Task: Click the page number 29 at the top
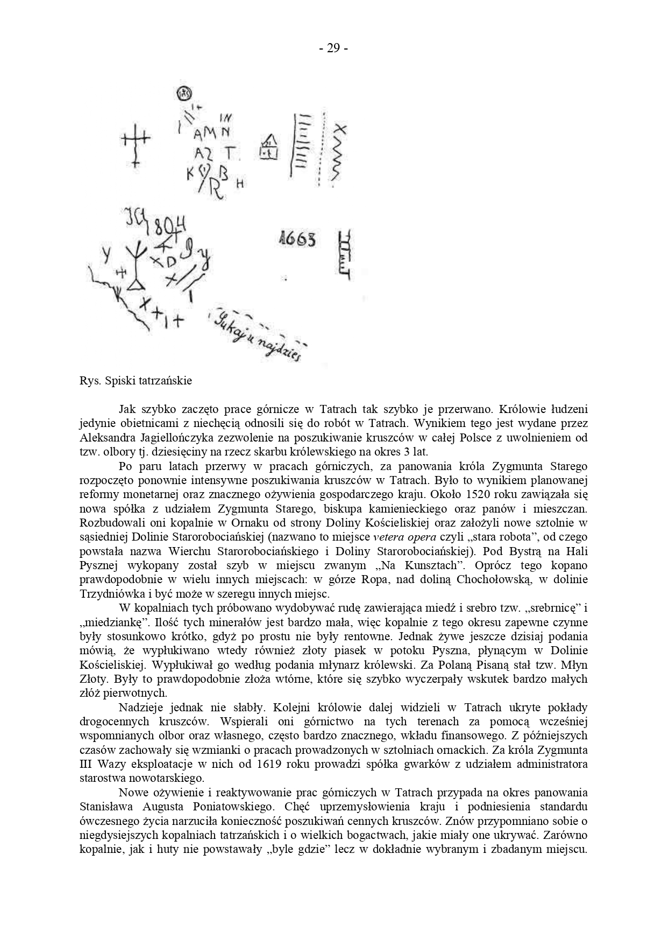click(333, 48)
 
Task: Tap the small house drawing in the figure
click(268, 147)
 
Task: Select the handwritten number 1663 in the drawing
click(297, 239)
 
